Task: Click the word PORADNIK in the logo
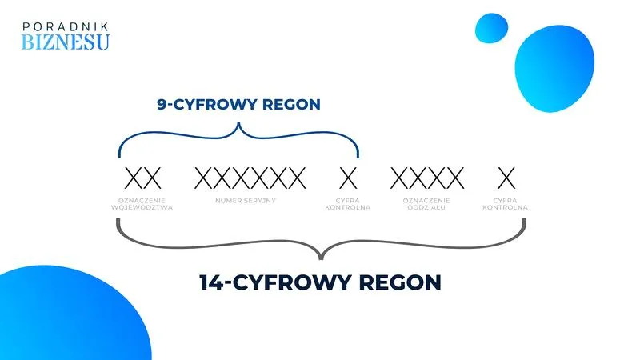[66, 27]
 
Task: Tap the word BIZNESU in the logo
[66, 42]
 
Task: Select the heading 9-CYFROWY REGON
[238, 105]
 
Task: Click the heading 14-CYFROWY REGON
[321, 282]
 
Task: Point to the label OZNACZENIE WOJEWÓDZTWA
[142, 204]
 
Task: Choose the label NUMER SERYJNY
[246, 201]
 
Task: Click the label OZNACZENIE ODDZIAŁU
[426, 204]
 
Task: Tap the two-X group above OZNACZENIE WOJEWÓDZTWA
[143, 178]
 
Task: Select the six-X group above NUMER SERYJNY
[250, 178]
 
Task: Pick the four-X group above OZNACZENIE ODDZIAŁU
[427, 178]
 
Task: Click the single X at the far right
[506, 178]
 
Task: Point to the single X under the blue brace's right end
[348, 178]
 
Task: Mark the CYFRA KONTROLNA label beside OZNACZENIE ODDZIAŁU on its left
[348, 204]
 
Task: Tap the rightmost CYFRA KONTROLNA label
[506, 204]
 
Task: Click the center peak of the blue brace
[238, 122]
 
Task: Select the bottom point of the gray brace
[322, 258]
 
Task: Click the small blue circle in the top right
[491, 28]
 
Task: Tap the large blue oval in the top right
[554, 69]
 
